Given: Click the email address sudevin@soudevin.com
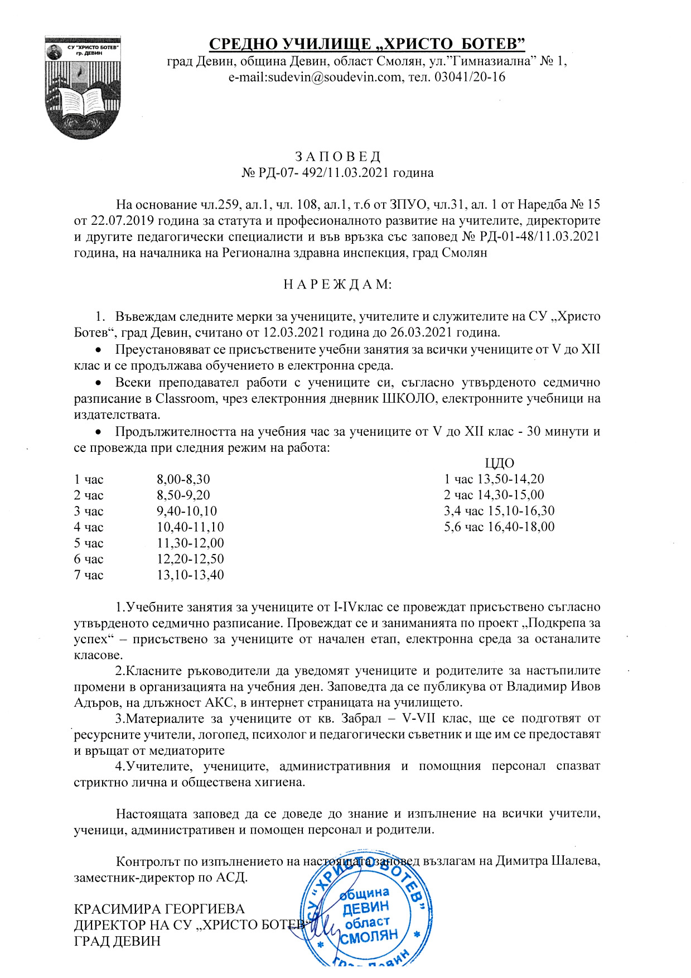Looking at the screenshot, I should click(315, 77).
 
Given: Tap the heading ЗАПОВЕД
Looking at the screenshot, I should click(337, 156).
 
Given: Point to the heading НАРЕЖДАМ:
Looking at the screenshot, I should click(338, 285).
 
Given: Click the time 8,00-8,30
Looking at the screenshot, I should click(183, 479).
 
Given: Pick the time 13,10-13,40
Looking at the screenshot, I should click(190, 575).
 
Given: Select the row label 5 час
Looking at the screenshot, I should click(89, 543).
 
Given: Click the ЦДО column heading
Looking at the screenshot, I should click(499, 463).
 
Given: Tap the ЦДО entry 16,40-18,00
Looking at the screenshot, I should click(521, 527).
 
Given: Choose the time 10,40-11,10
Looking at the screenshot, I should click(190, 527).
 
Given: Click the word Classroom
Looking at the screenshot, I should click(185, 399).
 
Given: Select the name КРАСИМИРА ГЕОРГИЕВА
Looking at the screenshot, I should click(160, 909).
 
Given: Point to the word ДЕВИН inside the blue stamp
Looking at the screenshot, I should click(365, 908).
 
